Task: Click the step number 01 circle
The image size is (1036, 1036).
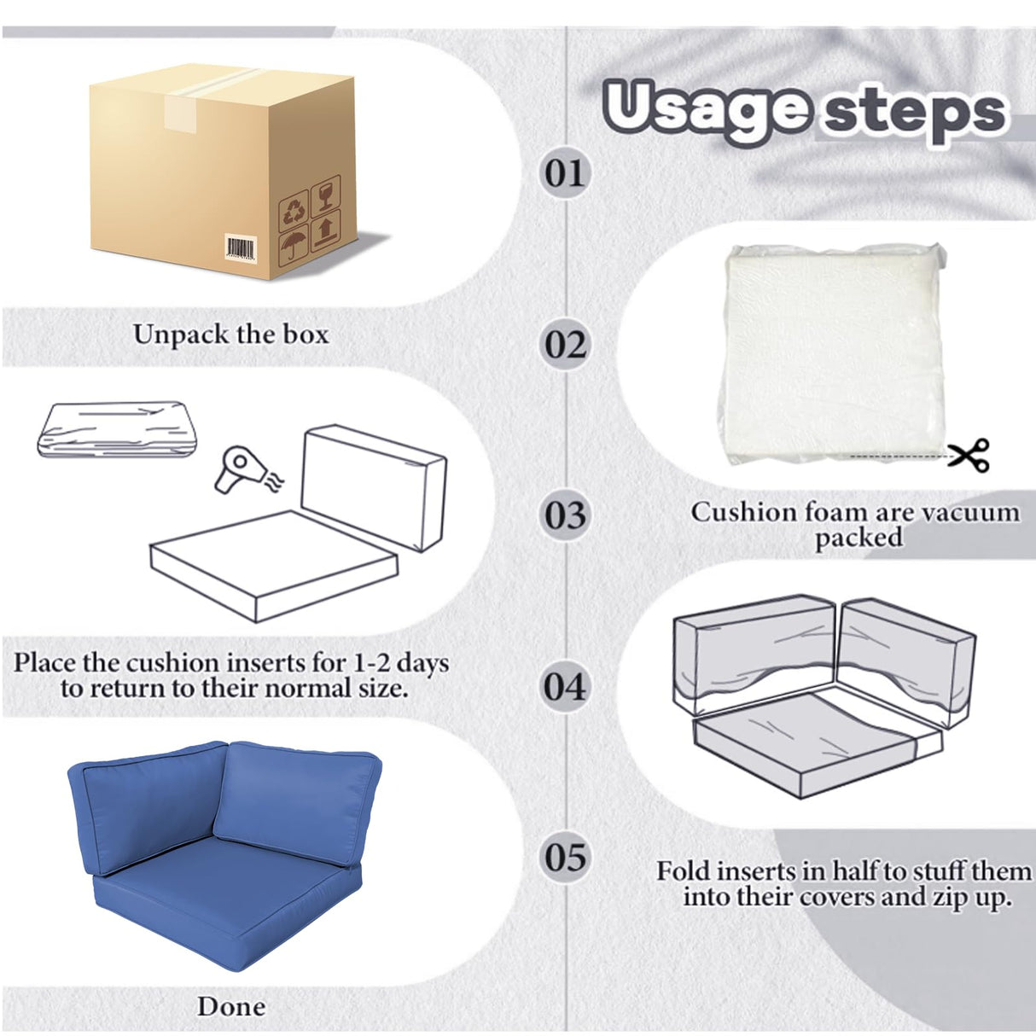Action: (x=564, y=172)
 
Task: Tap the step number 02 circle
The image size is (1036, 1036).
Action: (x=564, y=344)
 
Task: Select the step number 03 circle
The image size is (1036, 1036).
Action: (x=564, y=515)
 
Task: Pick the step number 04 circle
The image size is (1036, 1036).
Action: (x=564, y=687)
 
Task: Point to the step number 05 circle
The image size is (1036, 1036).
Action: (x=564, y=857)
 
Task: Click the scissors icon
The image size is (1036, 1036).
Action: (x=969, y=455)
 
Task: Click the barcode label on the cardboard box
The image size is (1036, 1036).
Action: (x=241, y=248)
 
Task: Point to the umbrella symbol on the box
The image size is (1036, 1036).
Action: (x=294, y=247)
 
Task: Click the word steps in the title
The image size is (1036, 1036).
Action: (x=915, y=113)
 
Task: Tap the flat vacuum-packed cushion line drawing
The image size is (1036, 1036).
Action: (x=117, y=429)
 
